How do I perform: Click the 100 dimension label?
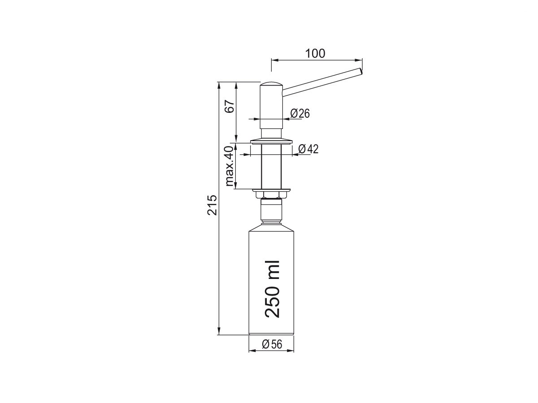point(316,54)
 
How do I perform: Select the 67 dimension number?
point(230,106)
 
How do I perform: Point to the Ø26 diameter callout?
point(300,113)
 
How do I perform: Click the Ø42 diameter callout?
point(308,149)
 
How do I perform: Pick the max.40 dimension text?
point(229,166)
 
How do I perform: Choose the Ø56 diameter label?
point(272,344)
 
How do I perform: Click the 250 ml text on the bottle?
point(272,289)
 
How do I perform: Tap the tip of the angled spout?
point(361,71)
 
